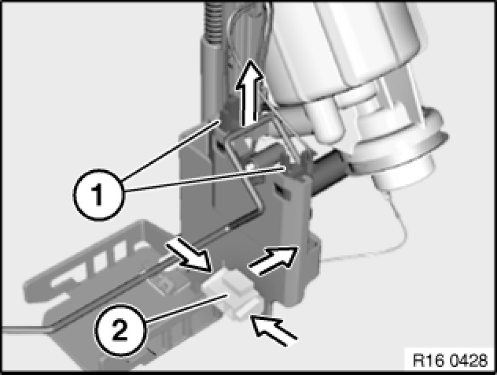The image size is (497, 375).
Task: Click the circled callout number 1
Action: pos(99,195)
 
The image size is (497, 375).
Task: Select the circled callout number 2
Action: pos(120,330)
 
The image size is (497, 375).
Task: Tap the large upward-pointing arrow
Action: pos(250,93)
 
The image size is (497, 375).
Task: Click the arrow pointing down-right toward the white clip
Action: pos(189,254)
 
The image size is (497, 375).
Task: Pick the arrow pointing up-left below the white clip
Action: pos(274,329)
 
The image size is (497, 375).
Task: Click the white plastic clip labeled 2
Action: pos(232,293)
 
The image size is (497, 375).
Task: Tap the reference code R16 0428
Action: pos(450,361)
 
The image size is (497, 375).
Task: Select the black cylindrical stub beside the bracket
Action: pos(328,172)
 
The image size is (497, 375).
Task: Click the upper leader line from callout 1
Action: pos(170,150)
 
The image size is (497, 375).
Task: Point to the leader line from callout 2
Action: pos(186,308)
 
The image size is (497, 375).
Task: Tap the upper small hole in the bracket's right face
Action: pos(219,146)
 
